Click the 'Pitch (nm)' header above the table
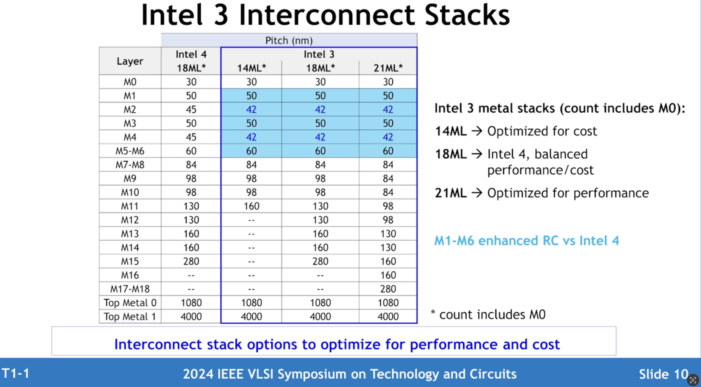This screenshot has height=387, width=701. [x=289, y=41]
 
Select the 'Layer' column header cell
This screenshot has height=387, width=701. [x=130, y=61]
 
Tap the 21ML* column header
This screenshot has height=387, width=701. [x=388, y=68]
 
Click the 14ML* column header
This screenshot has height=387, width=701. [x=251, y=68]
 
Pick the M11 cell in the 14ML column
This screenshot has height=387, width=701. [x=251, y=206]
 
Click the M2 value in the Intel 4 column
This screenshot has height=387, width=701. [x=191, y=109]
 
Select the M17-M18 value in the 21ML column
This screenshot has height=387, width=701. [x=388, y=289]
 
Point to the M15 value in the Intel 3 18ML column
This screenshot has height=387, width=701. [x=320, y=261]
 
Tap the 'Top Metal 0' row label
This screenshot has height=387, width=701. [x=130, y=303]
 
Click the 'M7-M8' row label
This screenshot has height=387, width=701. [x=130, y=165]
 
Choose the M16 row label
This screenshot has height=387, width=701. [x=130, y=275]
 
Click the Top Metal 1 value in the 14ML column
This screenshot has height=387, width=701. [x=251, y=316]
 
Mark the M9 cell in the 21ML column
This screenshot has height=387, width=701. [x=388, y=179]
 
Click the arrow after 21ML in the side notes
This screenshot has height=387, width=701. [x=477, y=193]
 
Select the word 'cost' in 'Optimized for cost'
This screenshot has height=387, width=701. [x=585, y=131]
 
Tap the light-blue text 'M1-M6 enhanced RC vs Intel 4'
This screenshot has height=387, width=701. [x=526, y=240]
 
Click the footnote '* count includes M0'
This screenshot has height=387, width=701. [x=488, y=315]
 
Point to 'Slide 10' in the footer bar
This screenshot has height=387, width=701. [x=663, y=374]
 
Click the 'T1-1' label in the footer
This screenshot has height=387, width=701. [x=15, y=373]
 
